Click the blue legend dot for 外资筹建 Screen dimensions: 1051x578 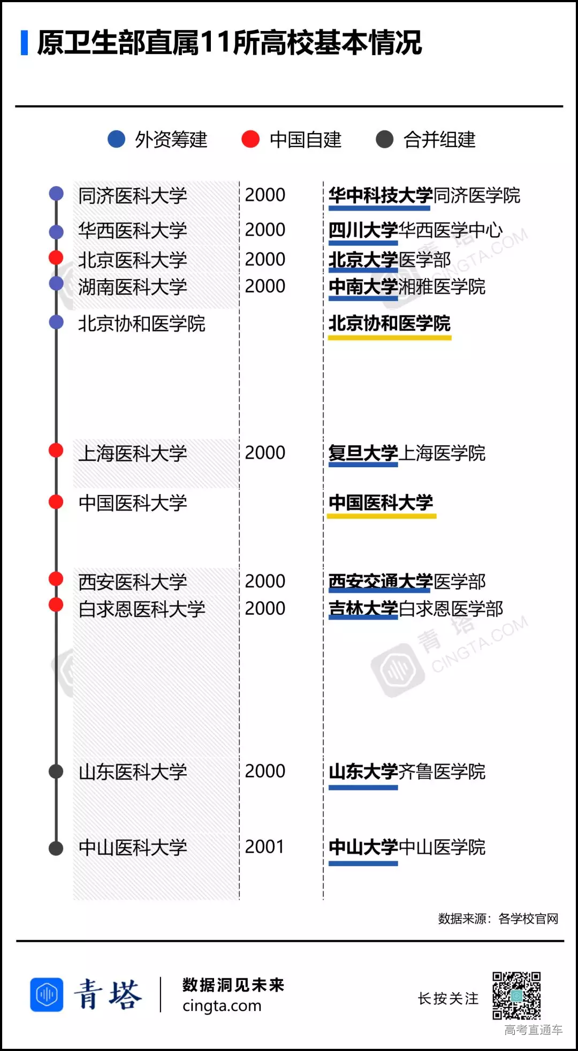tap(116, 139)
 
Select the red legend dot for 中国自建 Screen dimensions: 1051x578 tap(250, 139)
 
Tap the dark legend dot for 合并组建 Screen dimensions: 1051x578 tap(384, 139)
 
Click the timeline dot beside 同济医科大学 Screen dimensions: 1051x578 tap(56, 194)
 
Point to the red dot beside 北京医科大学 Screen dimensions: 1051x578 tap(56, 258)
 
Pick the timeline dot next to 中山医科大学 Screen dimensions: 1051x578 tap(56, 848)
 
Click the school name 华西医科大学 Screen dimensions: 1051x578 tap(133, 231)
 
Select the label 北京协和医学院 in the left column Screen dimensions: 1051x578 tap(142, 323)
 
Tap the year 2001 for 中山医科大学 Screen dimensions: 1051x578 tap(264, 847)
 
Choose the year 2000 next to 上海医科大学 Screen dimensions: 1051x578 tap(265, 453)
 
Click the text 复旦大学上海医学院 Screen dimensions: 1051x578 tap(407, 453)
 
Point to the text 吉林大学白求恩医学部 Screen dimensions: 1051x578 tap(416, 608)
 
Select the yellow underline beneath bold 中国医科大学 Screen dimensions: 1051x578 tap(382, 516)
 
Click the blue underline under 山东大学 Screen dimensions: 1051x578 tap(363, 787)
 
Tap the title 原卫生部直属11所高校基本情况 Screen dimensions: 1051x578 tap(229, 43)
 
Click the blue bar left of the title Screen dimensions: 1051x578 tap(24, 43)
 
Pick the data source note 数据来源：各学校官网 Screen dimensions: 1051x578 tap(498, 919)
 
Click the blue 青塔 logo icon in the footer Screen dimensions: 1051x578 tap(47, 995)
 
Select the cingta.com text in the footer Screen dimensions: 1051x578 tap(222, 1006)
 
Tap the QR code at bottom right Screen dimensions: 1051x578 tap(516, 995)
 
